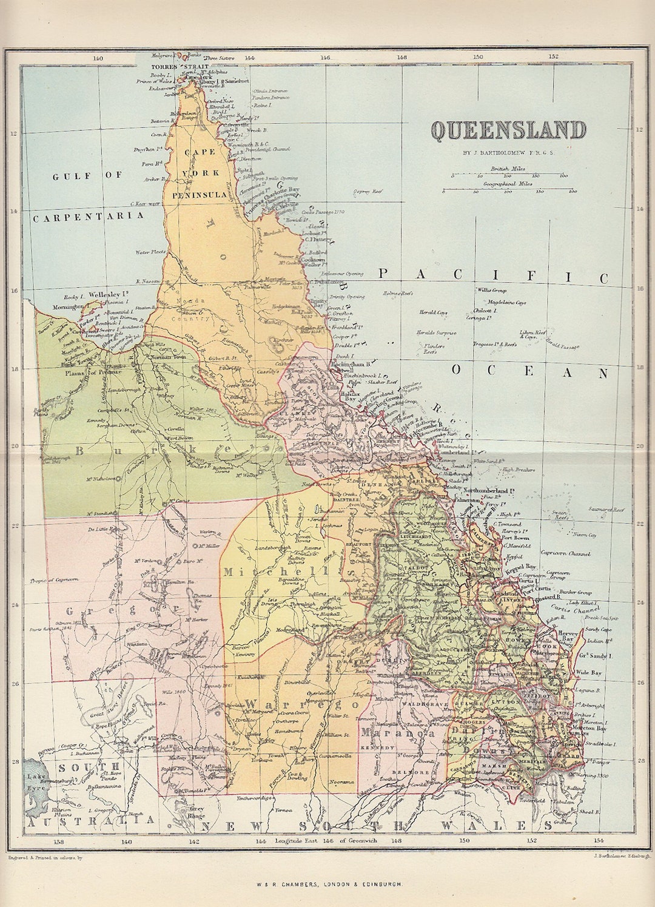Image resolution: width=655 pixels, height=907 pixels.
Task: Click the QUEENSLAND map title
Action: tap(508, 131)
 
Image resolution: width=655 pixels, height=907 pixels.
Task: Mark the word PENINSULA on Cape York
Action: tap(200, 195)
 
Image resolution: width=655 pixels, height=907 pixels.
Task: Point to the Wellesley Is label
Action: tap(108, 295)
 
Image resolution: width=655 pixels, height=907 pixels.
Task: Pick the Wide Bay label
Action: tap(588, 673)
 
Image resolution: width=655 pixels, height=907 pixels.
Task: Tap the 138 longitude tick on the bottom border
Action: tap(58, 841)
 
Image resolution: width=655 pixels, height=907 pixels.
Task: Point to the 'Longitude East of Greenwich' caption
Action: tap(326, 840)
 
